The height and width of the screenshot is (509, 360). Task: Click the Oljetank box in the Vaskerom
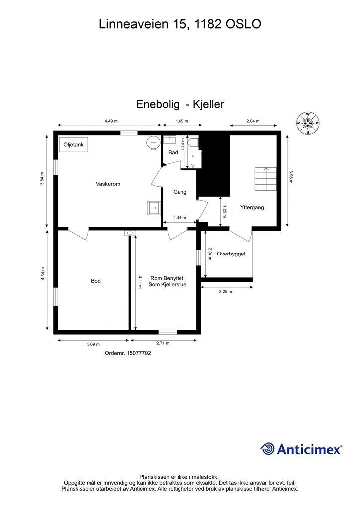(73, 144)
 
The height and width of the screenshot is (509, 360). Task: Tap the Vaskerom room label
(108, 184)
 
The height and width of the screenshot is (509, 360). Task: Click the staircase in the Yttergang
(266, 178)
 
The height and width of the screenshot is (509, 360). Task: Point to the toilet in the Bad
(193, 143)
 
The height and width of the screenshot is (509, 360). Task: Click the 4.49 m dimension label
(111, 121)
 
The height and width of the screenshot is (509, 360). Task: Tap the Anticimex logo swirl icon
(268, 449)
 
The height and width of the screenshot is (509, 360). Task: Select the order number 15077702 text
(128, 353)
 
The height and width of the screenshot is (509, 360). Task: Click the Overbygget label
(231, 254)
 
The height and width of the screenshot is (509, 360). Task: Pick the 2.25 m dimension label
(225, 292)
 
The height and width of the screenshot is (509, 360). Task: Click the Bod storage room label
(96, 281)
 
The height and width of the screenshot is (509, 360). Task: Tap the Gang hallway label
(180, 192)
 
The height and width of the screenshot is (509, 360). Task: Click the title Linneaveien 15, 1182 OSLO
(180, 24)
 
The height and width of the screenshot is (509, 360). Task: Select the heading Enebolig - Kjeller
(180, 104)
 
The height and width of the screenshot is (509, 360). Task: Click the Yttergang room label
(251, 207)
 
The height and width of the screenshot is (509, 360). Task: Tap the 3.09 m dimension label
(93, 344)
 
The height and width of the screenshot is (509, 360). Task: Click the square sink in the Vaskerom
(153, 207)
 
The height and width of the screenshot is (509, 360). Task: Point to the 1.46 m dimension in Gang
(180, 218)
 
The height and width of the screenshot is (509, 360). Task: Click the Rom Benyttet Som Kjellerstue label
(168, 281)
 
